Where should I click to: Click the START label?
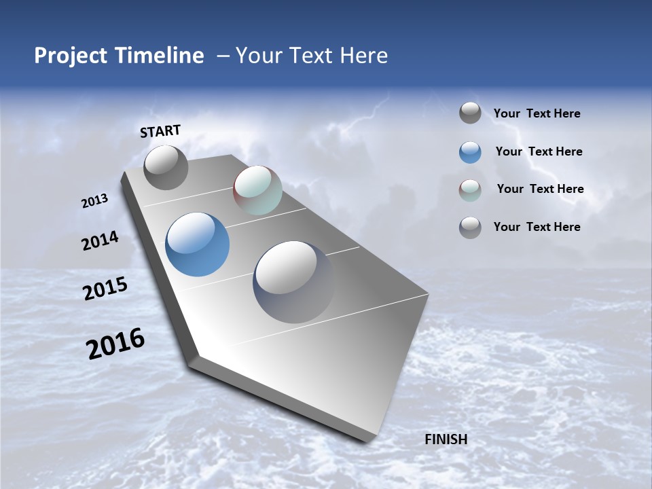(160, 131)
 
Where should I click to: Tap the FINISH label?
(446, 439)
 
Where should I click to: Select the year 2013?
(94, 201)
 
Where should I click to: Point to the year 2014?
(100, 241)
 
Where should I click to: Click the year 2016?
(115, 344)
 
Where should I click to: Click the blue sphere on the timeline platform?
(197, 244)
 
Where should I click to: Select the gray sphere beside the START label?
(166, 167)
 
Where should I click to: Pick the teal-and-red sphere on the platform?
(257, 190)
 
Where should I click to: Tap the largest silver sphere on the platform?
(293, 281)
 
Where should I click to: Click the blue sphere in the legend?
(470, 152)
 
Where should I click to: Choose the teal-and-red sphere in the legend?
(470, 190)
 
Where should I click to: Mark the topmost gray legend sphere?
(470, 113)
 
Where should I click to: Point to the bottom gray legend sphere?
(470, 228)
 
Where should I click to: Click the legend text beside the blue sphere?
(539, 151)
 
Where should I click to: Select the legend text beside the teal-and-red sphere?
(540, 189)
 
